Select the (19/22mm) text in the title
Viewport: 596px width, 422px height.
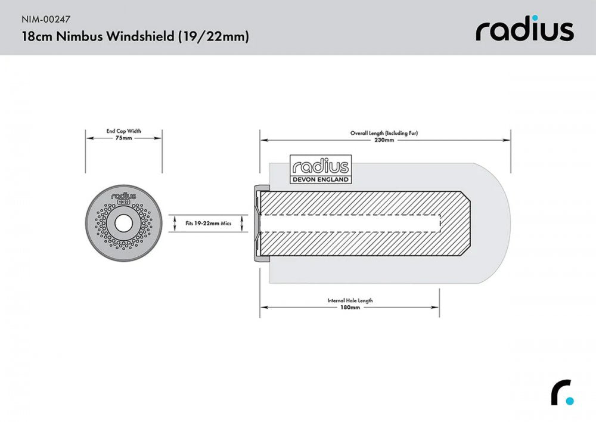click(213, 36)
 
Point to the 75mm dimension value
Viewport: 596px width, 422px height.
click(124, 138)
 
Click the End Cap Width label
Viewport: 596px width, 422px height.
click(124, 131)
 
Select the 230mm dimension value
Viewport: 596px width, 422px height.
click(384, 140)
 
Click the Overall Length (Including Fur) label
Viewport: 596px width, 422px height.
click(384, 133)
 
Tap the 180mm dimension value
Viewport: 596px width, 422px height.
click(350, 308)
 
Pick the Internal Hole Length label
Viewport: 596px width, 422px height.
click(350, 300)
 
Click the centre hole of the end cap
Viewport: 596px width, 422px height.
click(124, 223)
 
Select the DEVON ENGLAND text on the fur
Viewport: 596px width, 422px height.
click(320, 179)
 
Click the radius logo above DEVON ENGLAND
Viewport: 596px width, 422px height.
click(320, 166)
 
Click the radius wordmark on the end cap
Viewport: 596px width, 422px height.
click(124, 194)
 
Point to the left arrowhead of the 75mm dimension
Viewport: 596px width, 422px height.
click(89, 138)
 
